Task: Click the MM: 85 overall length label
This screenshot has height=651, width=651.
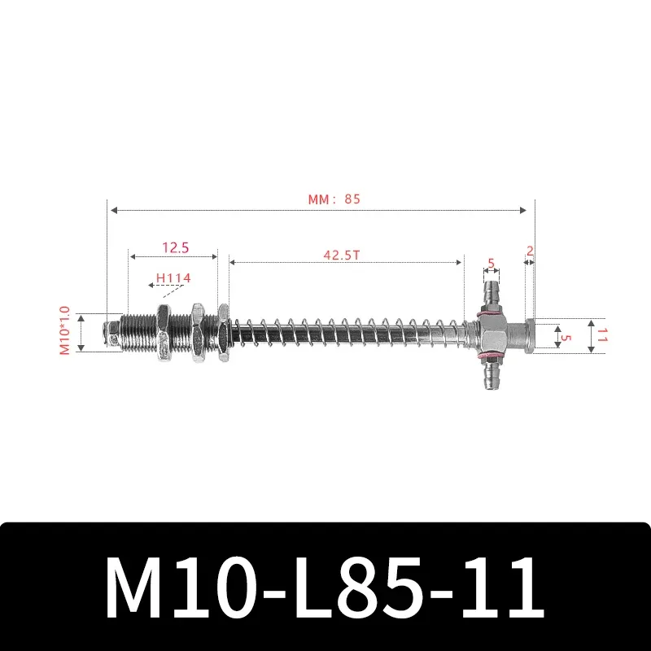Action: coord(334,199)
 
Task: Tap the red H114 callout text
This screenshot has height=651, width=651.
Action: coord(173,278)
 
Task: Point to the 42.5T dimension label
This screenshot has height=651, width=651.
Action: coord(342,254)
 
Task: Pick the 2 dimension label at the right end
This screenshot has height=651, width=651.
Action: coord(530,251)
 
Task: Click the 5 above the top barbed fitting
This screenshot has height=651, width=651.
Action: coord(491,263)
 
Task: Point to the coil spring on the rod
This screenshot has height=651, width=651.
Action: coord(342,333)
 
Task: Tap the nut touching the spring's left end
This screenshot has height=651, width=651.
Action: coord(222,333)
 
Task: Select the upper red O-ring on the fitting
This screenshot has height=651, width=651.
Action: coord(491,310)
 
